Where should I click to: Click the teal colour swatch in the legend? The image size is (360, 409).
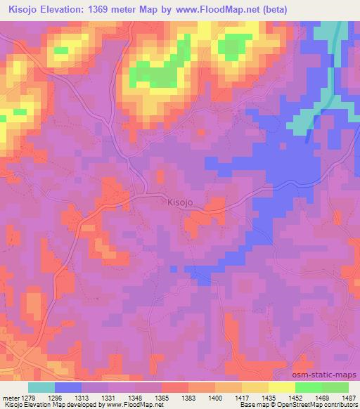(41, 387)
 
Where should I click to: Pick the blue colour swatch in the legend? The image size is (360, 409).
(68, 387)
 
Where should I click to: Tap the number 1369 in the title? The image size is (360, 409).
(106, 8)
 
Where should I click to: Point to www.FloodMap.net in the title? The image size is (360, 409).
(239, 8)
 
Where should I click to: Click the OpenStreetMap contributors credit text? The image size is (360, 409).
(323, 405)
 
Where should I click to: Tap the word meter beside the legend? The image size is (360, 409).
(11, 396)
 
